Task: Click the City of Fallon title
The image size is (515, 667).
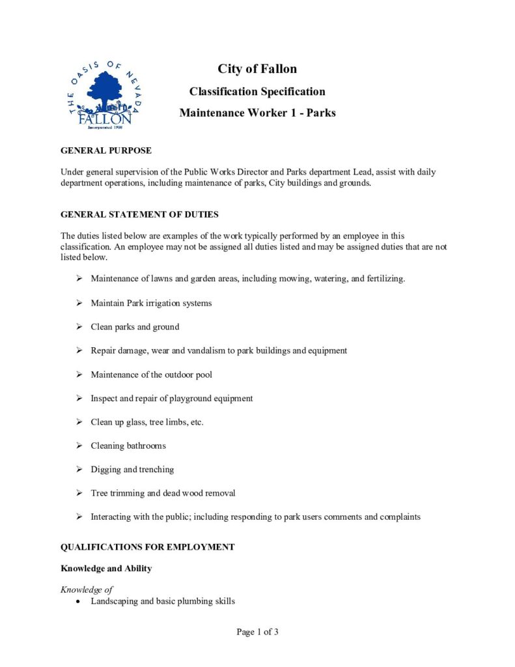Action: [257, 69]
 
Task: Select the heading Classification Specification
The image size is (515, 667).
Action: [257, 91]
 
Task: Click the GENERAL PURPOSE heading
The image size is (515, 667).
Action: [106, 150]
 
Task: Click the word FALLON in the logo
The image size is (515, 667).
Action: [105, 119]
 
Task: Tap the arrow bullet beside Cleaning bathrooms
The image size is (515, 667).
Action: [78, 446]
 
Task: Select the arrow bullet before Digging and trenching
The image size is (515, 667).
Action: [78, 469]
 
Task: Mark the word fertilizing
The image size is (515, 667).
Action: [384, 279]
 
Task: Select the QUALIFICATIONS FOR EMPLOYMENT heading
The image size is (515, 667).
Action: [147, 547]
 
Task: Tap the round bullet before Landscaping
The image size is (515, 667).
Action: [78, 602]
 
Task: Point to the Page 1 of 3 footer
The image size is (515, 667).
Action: [257, 632]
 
